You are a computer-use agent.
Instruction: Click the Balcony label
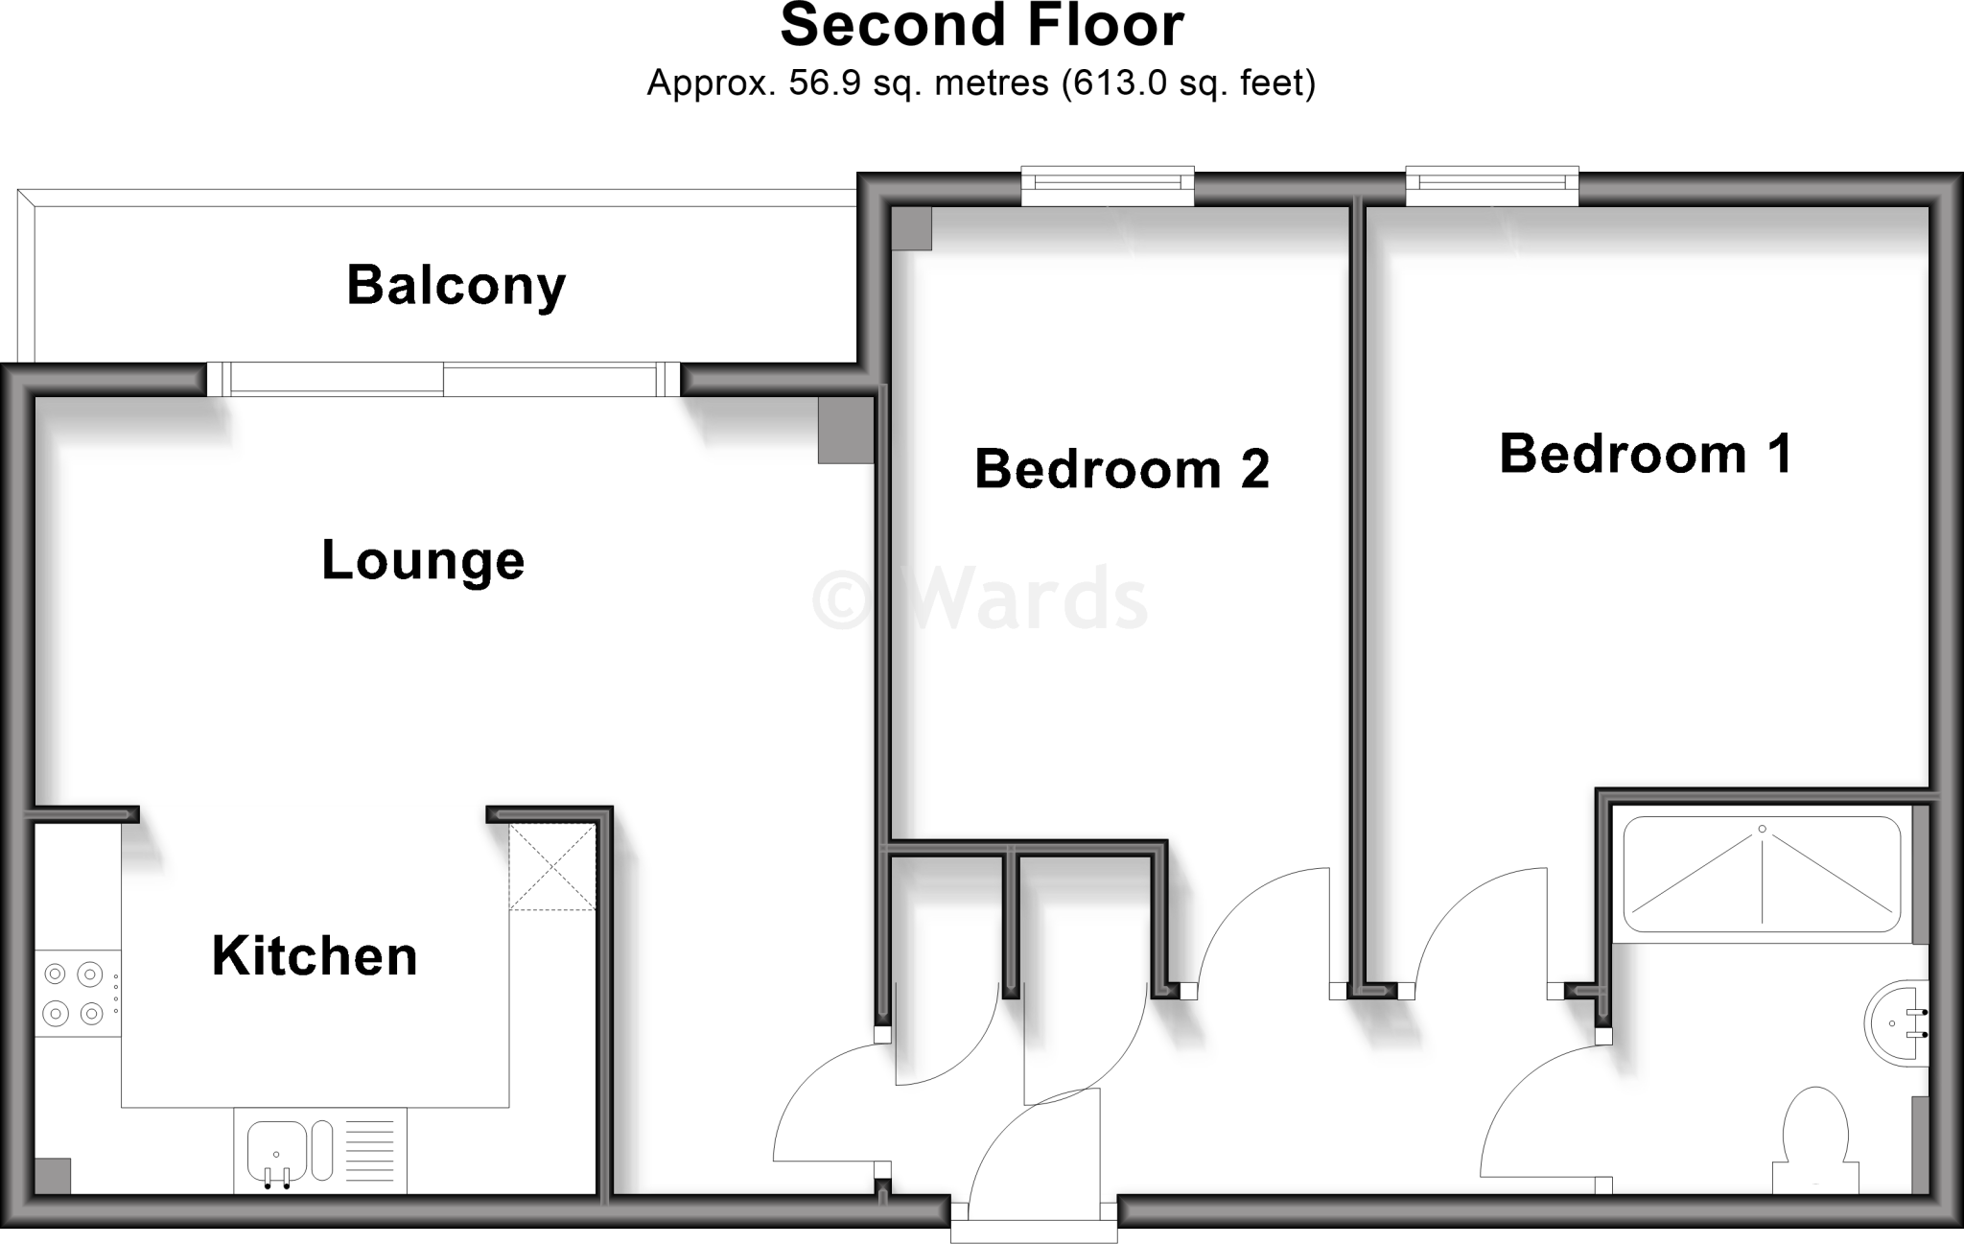[456, 286]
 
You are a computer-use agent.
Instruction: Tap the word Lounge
[423, 560]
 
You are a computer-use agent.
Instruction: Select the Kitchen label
[315, 956]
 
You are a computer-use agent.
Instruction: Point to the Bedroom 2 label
[1121, 469]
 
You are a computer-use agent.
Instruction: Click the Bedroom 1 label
[1645, 454]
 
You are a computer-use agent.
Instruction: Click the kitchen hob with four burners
[74, 994]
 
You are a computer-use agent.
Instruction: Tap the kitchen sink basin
[276, 1151]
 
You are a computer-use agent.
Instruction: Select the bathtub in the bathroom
[1762, 874]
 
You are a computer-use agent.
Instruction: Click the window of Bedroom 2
[1108, 186]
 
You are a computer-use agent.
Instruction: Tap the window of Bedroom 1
[1492, 186]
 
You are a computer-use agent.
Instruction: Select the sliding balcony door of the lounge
[443, 379]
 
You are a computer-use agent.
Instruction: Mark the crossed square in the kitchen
[552, 867]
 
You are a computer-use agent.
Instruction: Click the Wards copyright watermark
[980, 599]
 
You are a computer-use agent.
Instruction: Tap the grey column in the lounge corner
[846, 431]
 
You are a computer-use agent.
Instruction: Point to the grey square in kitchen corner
[53, 1176]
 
